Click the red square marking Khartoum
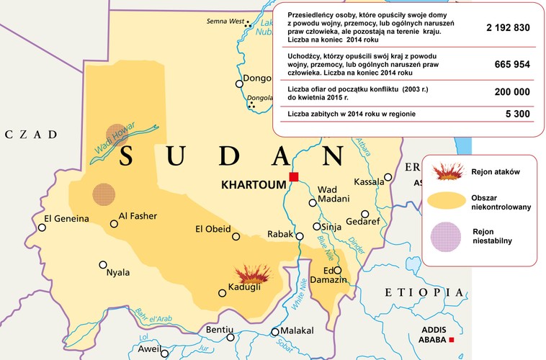[293, 177]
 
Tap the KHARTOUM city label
[254, 185]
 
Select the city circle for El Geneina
[42, 228]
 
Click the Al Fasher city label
[138, 216]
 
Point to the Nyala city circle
[103, 264]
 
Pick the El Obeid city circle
[236, 236]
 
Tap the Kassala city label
[370, 182]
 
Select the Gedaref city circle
[365, 214]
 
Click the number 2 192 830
[508, 28]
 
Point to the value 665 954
[512, 65]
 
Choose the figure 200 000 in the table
[512, 92]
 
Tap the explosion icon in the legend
[449, 171]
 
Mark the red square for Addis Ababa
[452, 340]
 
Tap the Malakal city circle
[274, 332]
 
